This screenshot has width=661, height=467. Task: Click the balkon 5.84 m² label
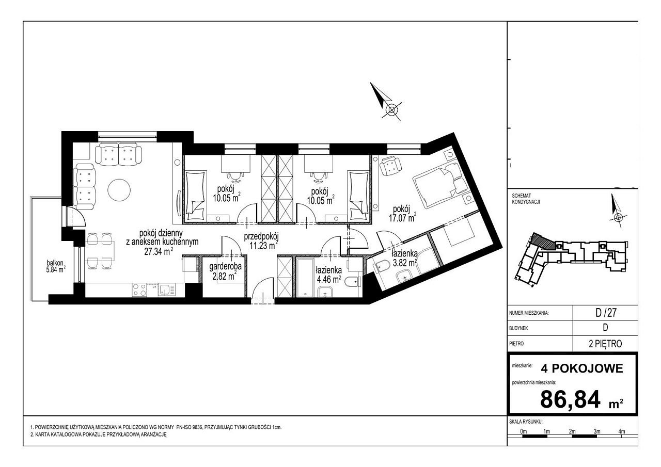point(56,266)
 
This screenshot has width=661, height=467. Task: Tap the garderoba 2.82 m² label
point(225,271)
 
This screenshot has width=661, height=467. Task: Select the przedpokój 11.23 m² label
point(261,241)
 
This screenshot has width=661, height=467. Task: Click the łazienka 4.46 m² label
point(329,275)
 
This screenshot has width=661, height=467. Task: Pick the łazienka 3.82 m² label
point(404,258)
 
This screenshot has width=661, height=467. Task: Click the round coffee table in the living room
point(119,190)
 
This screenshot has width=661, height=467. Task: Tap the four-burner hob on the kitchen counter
point(139,289)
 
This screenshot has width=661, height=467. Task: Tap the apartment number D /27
point(606,313)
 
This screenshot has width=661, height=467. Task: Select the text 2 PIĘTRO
point(605,344)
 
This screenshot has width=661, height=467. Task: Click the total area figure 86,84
point(570,399)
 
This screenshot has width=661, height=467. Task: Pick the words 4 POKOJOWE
point(582,368)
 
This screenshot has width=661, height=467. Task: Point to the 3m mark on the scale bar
point(597,431)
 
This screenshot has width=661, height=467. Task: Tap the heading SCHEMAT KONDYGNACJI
point(526,199)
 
